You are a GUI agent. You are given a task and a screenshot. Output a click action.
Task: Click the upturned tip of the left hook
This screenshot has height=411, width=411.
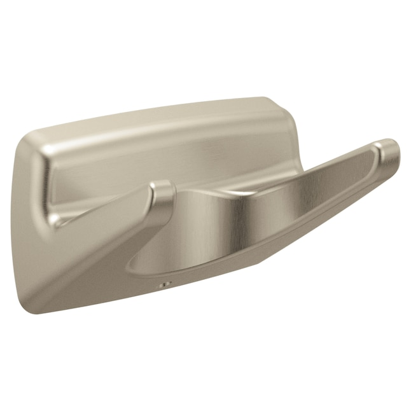(163, 191)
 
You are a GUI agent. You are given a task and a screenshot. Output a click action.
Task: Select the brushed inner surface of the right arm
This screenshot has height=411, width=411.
(305, 185)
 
